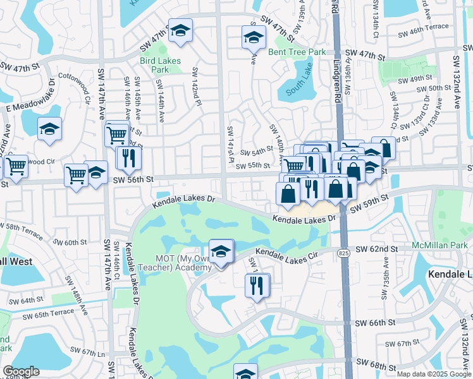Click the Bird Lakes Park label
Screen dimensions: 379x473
[x=154, y=64]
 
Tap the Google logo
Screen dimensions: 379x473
[x=21, y=371]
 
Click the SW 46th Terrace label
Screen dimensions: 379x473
[x=424, y=28]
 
